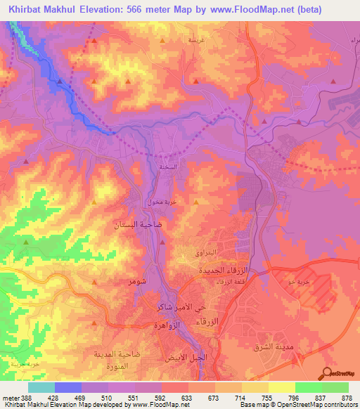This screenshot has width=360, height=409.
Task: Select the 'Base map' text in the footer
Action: (x=255, y=405)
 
